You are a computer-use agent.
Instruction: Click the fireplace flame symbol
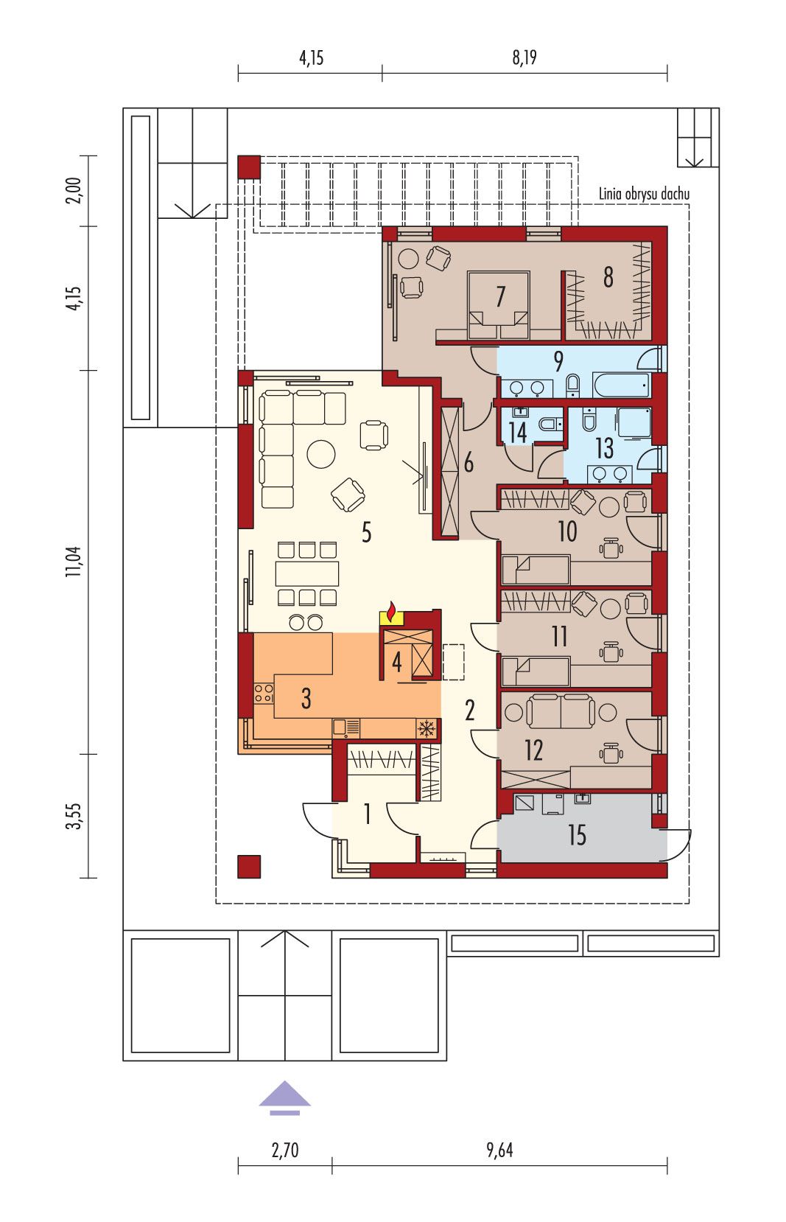click(x=390, y=612)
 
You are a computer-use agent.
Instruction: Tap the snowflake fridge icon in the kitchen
click(x=427, y=727)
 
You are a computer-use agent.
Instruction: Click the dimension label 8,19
click(x=524, y=57)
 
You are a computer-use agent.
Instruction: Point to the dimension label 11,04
click(x=74, y=562)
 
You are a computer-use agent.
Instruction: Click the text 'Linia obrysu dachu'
click(x=644, y=194)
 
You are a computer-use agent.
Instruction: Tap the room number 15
click(x=577, y=835)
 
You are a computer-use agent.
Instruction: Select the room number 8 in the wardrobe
click(x=608, y=277)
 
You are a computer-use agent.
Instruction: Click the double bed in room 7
click(x=499, y=305)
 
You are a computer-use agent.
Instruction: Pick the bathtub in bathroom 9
click(x=622, y=385)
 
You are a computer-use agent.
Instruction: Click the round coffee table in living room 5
click(x=321, y=453)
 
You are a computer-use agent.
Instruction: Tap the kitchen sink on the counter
click(x=346, y=727)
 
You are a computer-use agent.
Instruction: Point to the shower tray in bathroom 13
click(x=634, y=423)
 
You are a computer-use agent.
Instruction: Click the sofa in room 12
click(x=561, y=710)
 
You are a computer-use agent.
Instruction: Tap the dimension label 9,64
click(x=500, y=1150)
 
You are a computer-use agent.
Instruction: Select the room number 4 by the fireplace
click(x=397, y=662)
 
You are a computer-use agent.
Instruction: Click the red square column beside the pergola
click(x=249, y=167)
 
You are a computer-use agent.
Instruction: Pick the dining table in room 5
click(x=307, y=573)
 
